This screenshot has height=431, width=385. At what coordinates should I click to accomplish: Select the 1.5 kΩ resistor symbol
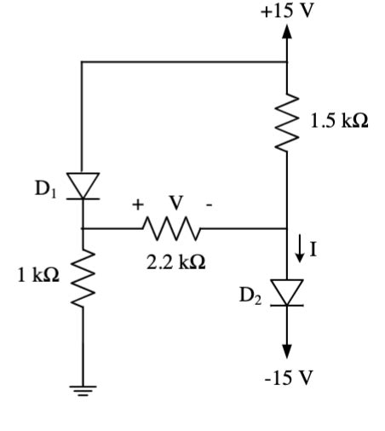click(x=287, y=124)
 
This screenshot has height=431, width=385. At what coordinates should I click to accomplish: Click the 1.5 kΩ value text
click(x=339, y=120)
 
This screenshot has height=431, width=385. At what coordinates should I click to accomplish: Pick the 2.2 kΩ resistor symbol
click(x=172, y=228)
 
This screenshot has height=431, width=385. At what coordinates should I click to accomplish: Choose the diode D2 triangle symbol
click(x=287, y=292)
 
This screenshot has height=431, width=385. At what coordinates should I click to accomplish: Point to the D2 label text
click(x=250, y=296)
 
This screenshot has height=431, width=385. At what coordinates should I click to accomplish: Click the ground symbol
click(x=83, y=391)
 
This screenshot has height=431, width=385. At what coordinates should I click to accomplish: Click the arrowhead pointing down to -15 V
click(x=287, y=350)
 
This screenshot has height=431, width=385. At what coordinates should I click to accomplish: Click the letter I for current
click(x=316, y=249)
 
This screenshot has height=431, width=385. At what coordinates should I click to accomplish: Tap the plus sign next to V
click(x=136, y=204)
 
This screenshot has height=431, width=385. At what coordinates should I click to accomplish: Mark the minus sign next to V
click(x=208, y=204)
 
